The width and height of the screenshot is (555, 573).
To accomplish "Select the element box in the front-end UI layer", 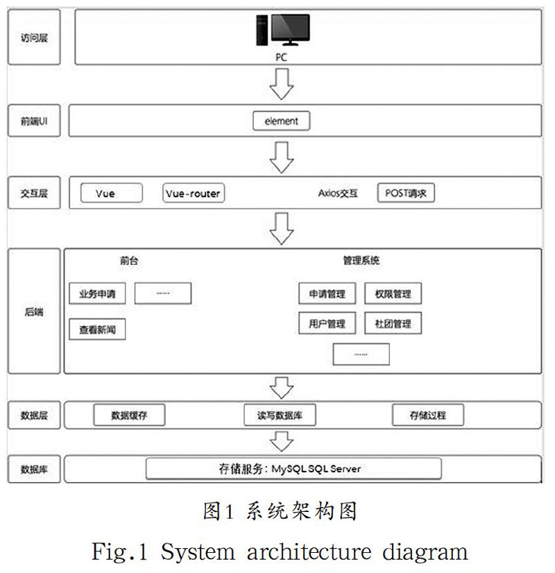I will (281, 121).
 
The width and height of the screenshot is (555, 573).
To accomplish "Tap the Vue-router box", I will (194, 194).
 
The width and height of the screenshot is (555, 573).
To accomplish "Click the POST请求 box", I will (406, 194).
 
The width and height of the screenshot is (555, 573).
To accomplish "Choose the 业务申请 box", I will (97, 293).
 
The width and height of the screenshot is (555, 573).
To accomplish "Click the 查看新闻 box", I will (97, 330).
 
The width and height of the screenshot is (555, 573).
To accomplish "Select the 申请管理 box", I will (327, 294).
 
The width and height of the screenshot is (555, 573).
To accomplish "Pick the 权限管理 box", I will (393, 294).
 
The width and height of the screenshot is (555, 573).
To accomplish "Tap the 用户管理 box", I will (327, 323).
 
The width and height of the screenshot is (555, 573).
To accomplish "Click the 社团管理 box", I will (393, 323).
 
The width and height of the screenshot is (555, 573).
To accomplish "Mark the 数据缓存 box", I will (129, 416).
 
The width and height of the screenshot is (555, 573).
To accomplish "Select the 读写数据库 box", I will (281, 416).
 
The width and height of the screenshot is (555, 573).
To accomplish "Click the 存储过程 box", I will (428, 416).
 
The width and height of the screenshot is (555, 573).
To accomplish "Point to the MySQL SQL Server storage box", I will (293, 468).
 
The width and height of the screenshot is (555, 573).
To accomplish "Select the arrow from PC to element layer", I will (281, 83).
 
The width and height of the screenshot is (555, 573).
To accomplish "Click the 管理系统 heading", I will (361, 261).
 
